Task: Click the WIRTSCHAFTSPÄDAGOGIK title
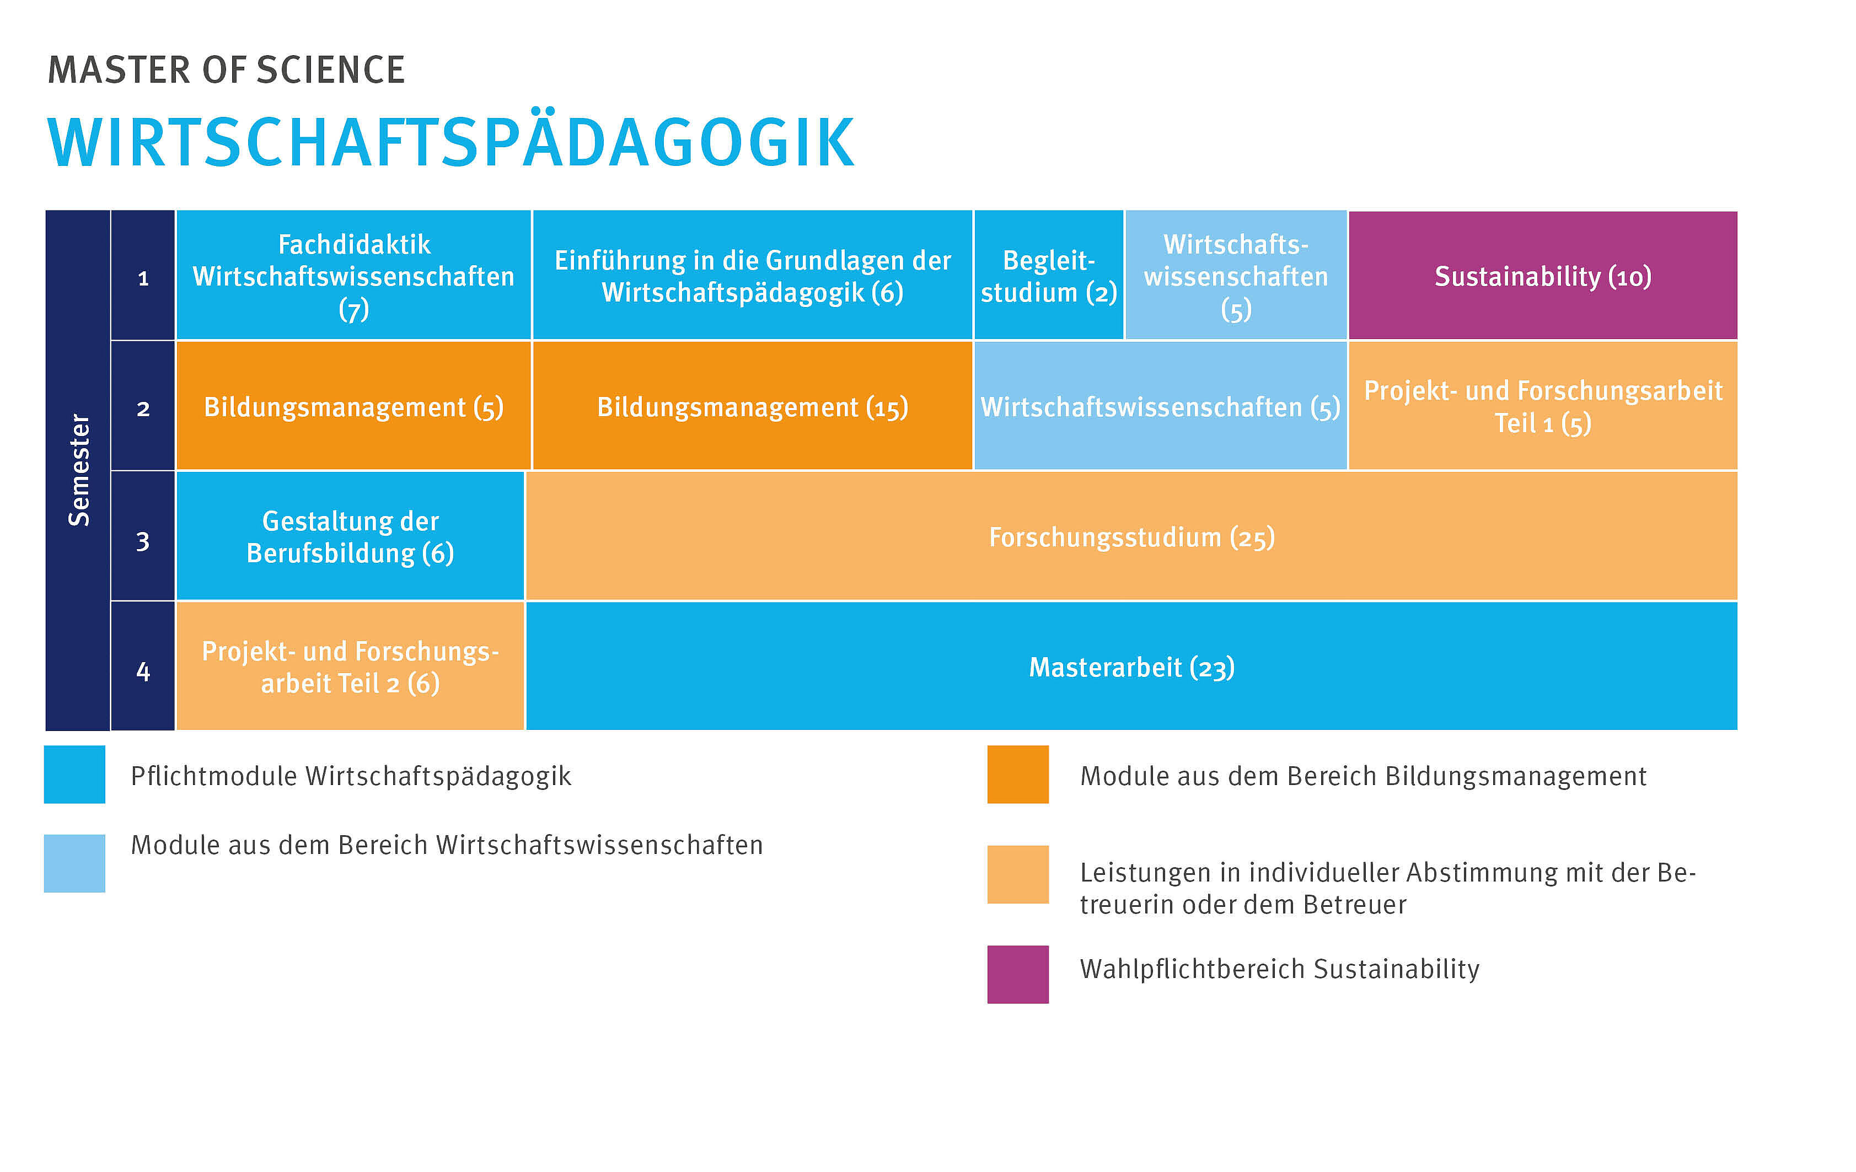[451, 143]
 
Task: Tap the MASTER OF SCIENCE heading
[226, 70]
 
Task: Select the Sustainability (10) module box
[1542, 275]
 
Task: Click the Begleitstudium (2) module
[1048, 275]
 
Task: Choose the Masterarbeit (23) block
[1131, 666]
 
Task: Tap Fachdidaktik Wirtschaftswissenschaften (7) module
[354, 275]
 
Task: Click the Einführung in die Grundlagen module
[752, 275]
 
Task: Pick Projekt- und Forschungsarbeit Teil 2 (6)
[350, 666]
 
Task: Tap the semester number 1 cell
[143, 275]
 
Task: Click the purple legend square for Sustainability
[1017, 974]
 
